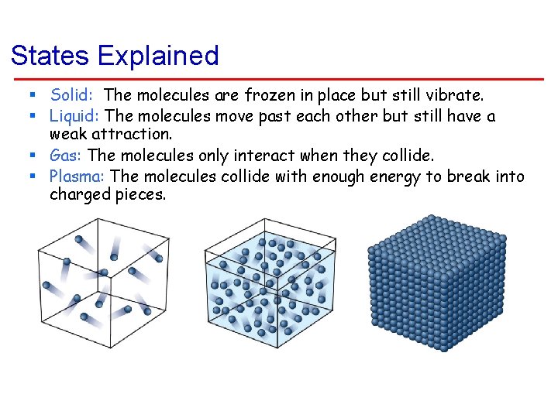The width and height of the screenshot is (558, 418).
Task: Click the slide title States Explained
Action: coord(115,56)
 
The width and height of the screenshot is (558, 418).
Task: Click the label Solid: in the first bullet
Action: coord(72,95)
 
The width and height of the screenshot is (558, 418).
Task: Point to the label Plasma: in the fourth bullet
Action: coord(77,176)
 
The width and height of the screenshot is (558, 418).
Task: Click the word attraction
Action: coord(136,135)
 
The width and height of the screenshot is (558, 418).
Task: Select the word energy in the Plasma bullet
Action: coord(396,176)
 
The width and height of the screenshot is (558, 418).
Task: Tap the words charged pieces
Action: coord(108,194)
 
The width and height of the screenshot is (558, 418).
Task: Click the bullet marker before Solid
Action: coord(34,95)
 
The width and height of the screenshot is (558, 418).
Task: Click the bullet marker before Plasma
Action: coord(34,176)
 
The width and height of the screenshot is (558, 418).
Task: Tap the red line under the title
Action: coord(279,78)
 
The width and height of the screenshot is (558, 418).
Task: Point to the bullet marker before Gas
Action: coord(34,156)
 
